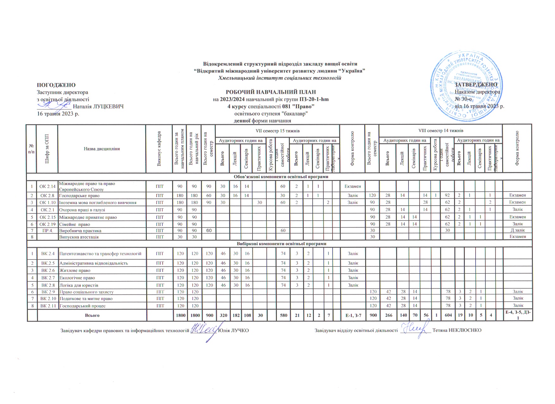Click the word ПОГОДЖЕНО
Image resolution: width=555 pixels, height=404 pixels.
click(x=56, y=85)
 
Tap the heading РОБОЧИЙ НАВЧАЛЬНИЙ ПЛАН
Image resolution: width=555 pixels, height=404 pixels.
click(x=271, y=92)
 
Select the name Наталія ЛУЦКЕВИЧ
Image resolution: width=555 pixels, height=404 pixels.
click(x=98, y=106)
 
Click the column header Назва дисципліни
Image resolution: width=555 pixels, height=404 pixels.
click(x=102, y=149)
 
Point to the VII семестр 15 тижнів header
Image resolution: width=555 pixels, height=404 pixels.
click(x=277, y=131)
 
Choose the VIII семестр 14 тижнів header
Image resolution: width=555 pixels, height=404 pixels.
click(x=440, y=131)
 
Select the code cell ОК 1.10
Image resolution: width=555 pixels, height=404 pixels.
click(x=47, y=202)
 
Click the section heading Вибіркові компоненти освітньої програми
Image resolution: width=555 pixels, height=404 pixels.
click(x=282, y=244)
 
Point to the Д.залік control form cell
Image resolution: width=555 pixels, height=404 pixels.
click(x=518, y=230)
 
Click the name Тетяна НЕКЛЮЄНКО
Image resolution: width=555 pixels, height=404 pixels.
click(x=457, y=330)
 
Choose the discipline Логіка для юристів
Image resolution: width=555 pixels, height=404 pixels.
click(x=79, y=285)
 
